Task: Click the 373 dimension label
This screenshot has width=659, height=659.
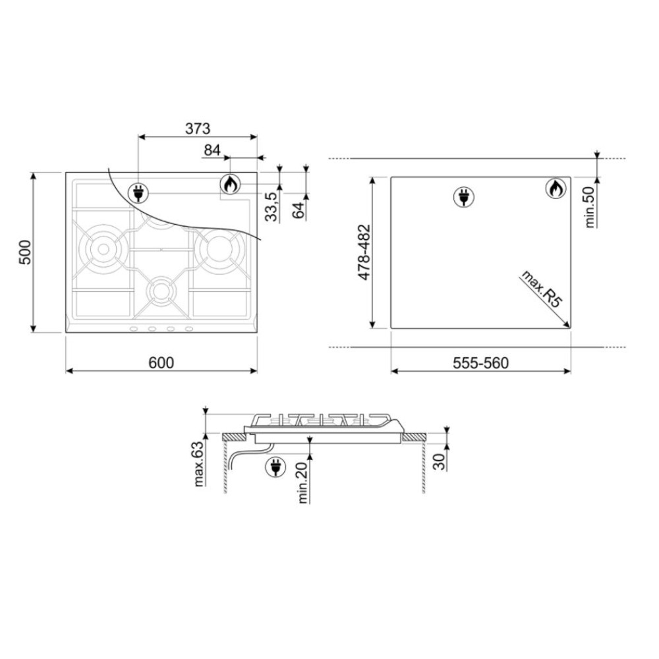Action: [x=198, y=129]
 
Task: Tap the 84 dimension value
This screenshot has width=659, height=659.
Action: [x=212, y=150]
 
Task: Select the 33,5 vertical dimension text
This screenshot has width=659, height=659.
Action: [x=272, y=206]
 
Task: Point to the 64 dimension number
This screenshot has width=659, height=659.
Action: [x=298, y=210]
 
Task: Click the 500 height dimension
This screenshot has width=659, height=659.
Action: [x=25, y=252]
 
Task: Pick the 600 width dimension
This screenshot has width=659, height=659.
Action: [x=161, y=362]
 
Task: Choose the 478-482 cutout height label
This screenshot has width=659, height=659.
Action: [x=364, y=252]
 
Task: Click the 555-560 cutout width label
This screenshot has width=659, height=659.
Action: [x=480, y=362]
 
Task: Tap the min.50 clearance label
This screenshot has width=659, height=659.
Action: [x=590, y=207]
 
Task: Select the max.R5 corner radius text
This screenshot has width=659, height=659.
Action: [x=541, y=289]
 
